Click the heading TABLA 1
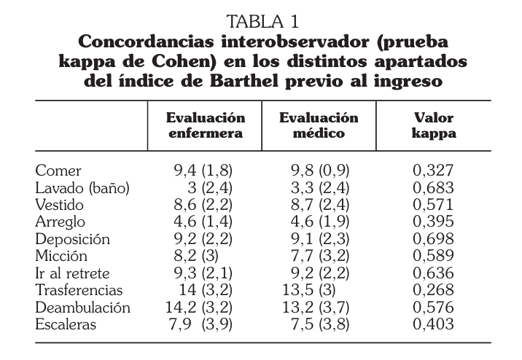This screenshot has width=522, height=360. [x=262, y=20]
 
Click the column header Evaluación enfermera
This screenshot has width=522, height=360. [x=206, y=125]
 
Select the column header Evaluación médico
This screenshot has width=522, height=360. [x=319, y=125]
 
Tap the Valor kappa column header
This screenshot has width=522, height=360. [x=434, y=125]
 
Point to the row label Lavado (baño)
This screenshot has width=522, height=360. [x=82, y=188]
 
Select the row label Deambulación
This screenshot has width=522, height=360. [x=82, y=308]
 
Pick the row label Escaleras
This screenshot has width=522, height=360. [x=66, y=324]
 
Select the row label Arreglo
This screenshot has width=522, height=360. [x=61, y=222]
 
